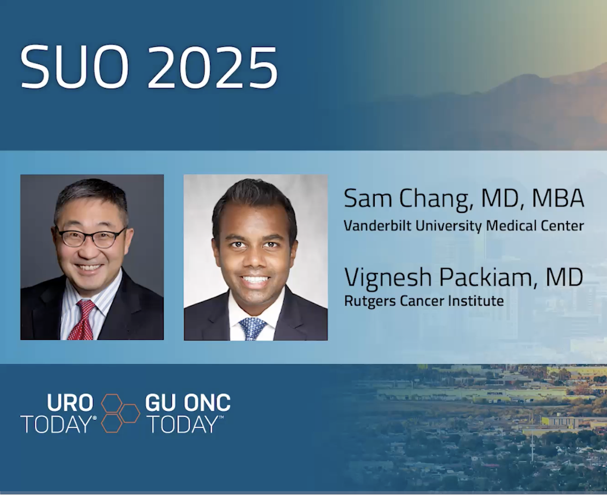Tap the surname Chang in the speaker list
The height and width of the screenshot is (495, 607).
coord(437,199)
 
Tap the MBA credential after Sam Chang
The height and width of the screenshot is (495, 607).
coord(558,198)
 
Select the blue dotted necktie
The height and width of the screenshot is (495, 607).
coord(252,329)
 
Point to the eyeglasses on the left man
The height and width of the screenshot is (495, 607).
coord(91,237)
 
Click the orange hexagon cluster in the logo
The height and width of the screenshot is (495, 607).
coord(120,413)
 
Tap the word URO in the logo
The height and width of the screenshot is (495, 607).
coord(70,403)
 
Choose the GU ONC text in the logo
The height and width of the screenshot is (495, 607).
coord(188,403)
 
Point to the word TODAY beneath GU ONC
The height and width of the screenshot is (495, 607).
coord(183,425)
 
